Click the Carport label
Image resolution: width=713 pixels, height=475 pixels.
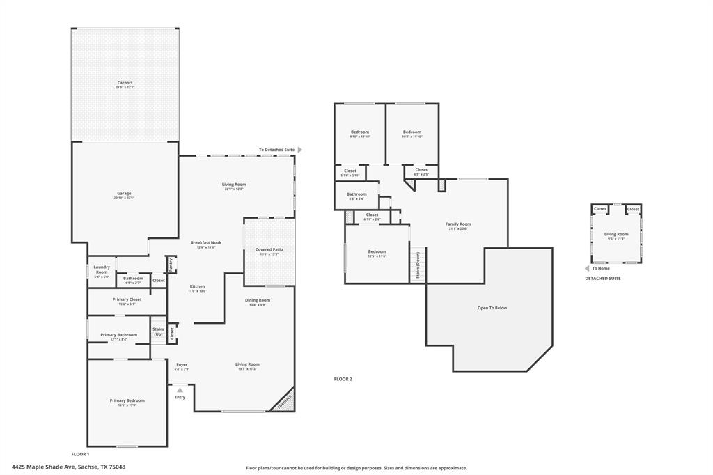(x=125, y=83)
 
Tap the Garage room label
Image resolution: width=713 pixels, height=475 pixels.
(x=124, y=193)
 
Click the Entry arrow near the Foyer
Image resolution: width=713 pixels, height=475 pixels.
(x=180, y=390)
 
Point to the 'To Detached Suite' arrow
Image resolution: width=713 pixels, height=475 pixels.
(x=300, y=150)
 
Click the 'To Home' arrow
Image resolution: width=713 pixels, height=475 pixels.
(x=586, y=268)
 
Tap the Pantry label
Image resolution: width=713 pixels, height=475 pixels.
(x=169, y=265)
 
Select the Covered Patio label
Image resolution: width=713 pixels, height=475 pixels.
(x=269, y=249)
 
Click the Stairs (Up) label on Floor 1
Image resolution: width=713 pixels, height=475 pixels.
(x=158, y=332)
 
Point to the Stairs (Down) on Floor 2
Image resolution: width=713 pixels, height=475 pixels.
(x=418, y=265)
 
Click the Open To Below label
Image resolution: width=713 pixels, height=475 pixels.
(x=492, y=307)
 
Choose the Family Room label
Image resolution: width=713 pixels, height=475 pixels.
(x=458, y=224)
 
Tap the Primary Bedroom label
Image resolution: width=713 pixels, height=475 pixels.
(x=127, y=400)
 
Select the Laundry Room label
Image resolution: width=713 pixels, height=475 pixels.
(x=102, y=270)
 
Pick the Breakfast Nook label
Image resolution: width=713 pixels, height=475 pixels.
(x=206, y=242)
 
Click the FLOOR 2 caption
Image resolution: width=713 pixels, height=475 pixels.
(x=343, y=379)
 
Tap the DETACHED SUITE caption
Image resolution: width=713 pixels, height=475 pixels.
(x=602, y=278)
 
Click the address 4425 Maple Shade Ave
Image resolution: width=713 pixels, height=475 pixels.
(x=68, y=467)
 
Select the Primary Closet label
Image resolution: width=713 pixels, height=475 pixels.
(x=127, y=299)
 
